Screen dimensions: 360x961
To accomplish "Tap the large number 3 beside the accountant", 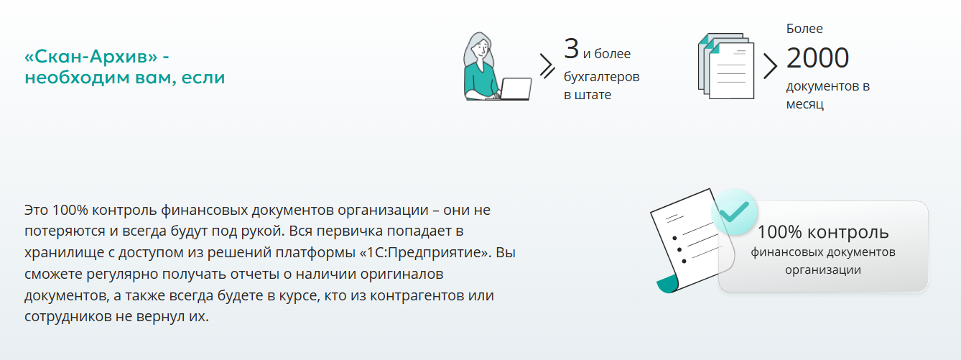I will (571, 49).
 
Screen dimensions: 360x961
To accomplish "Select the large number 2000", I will (817, 58).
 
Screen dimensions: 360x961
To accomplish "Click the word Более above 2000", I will (804, 29).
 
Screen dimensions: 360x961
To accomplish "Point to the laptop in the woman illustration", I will (515, 88).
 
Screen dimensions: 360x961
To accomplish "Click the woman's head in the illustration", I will (478, 49).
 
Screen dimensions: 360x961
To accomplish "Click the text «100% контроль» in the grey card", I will (823, 232).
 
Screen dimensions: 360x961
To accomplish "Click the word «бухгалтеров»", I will (601, 75).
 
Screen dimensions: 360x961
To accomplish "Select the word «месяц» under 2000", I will (804, 104).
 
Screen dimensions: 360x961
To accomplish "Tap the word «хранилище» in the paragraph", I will (61, 253).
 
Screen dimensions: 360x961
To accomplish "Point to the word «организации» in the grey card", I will (822, 270).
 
